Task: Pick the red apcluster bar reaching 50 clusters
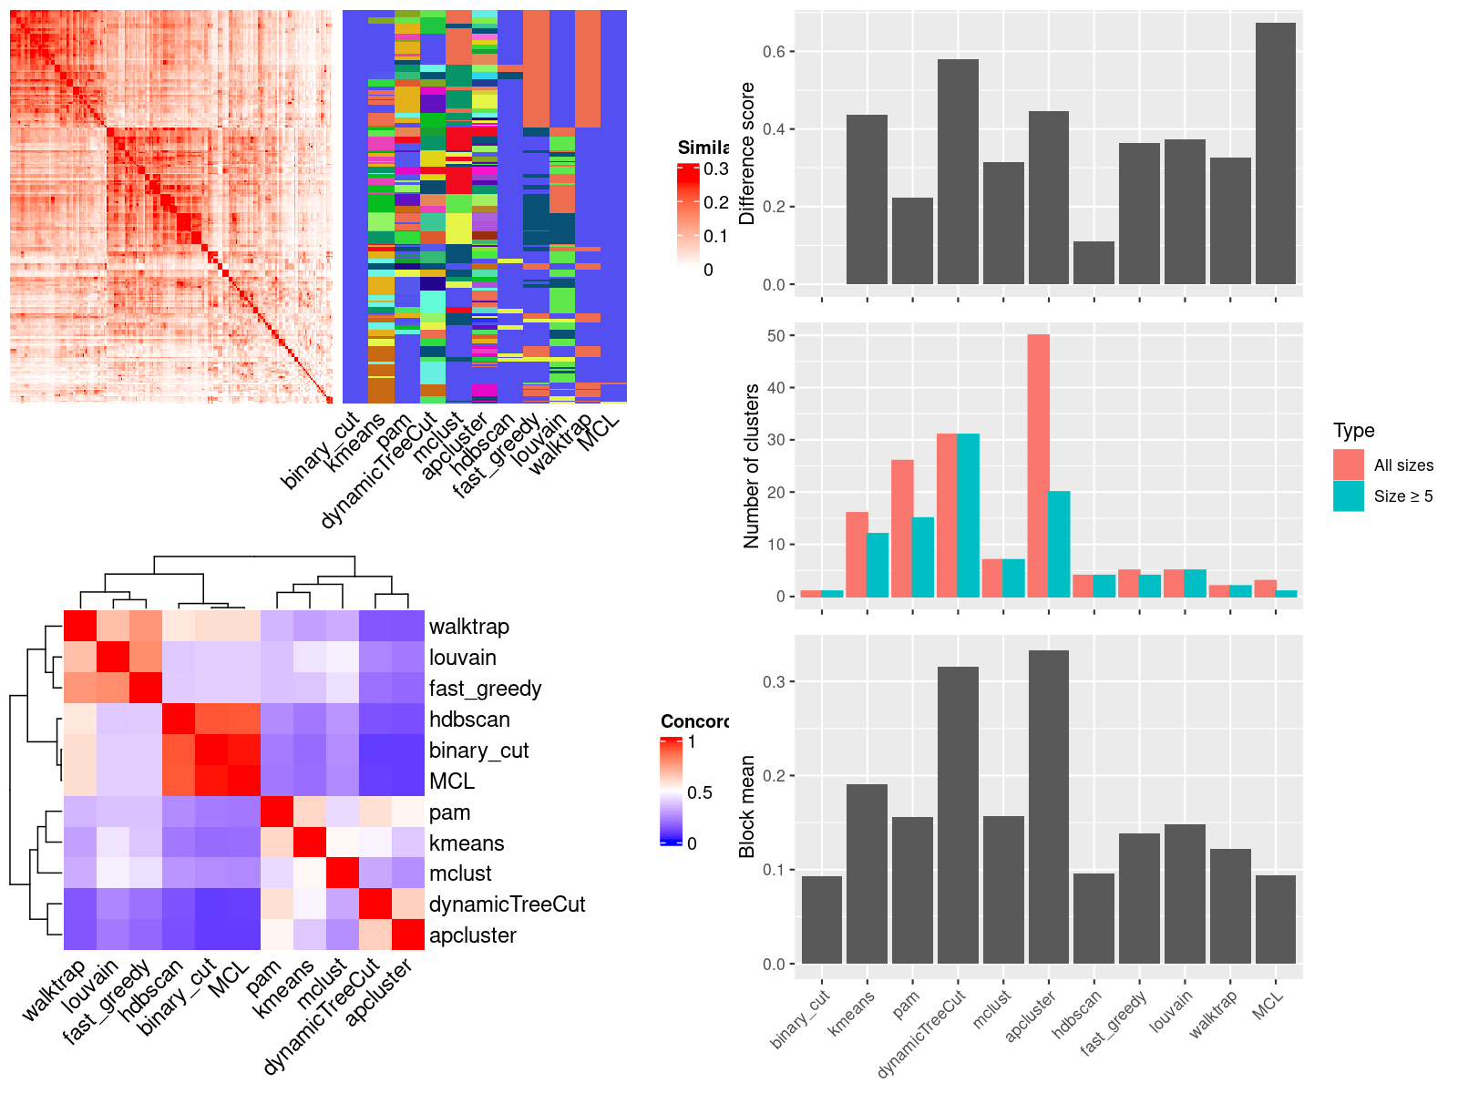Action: [1038, 465]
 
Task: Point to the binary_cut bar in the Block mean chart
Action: [821, 919]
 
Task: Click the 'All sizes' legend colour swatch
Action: [1348, 465]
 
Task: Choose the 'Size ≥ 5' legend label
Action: [1402, 496]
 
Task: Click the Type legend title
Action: [1353, 431]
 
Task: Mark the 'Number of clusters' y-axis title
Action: [751, 465]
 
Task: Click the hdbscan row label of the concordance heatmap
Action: [469, 720]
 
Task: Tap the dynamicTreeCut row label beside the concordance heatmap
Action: [507, 904]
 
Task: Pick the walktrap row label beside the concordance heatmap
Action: [468, 627]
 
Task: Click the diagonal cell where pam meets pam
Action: [277, 811]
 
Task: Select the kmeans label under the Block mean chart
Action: [853, 1011]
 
